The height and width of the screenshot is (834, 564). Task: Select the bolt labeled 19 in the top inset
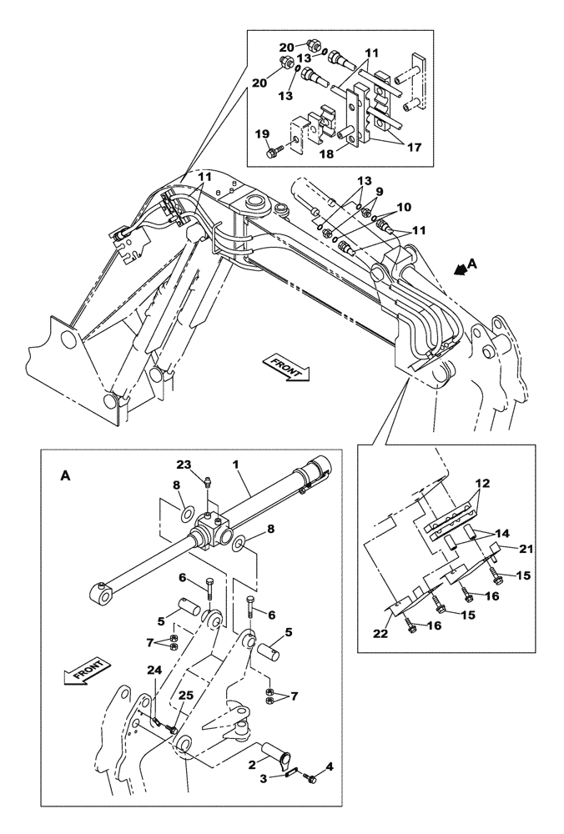(x=273, y=153)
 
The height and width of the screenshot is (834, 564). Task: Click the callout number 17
(x=413, y=146)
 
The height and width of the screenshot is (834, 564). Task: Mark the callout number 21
(x=526, y=548)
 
